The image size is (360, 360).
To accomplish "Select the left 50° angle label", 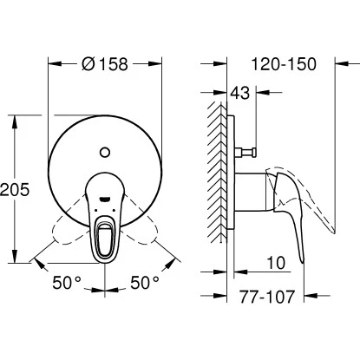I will [x=66, y=281].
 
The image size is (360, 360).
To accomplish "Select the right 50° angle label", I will [x=145, y=281].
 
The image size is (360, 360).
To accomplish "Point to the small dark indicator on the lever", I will [x=105, y=200].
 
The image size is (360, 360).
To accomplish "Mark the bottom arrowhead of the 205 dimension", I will [x=16, y=260].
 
